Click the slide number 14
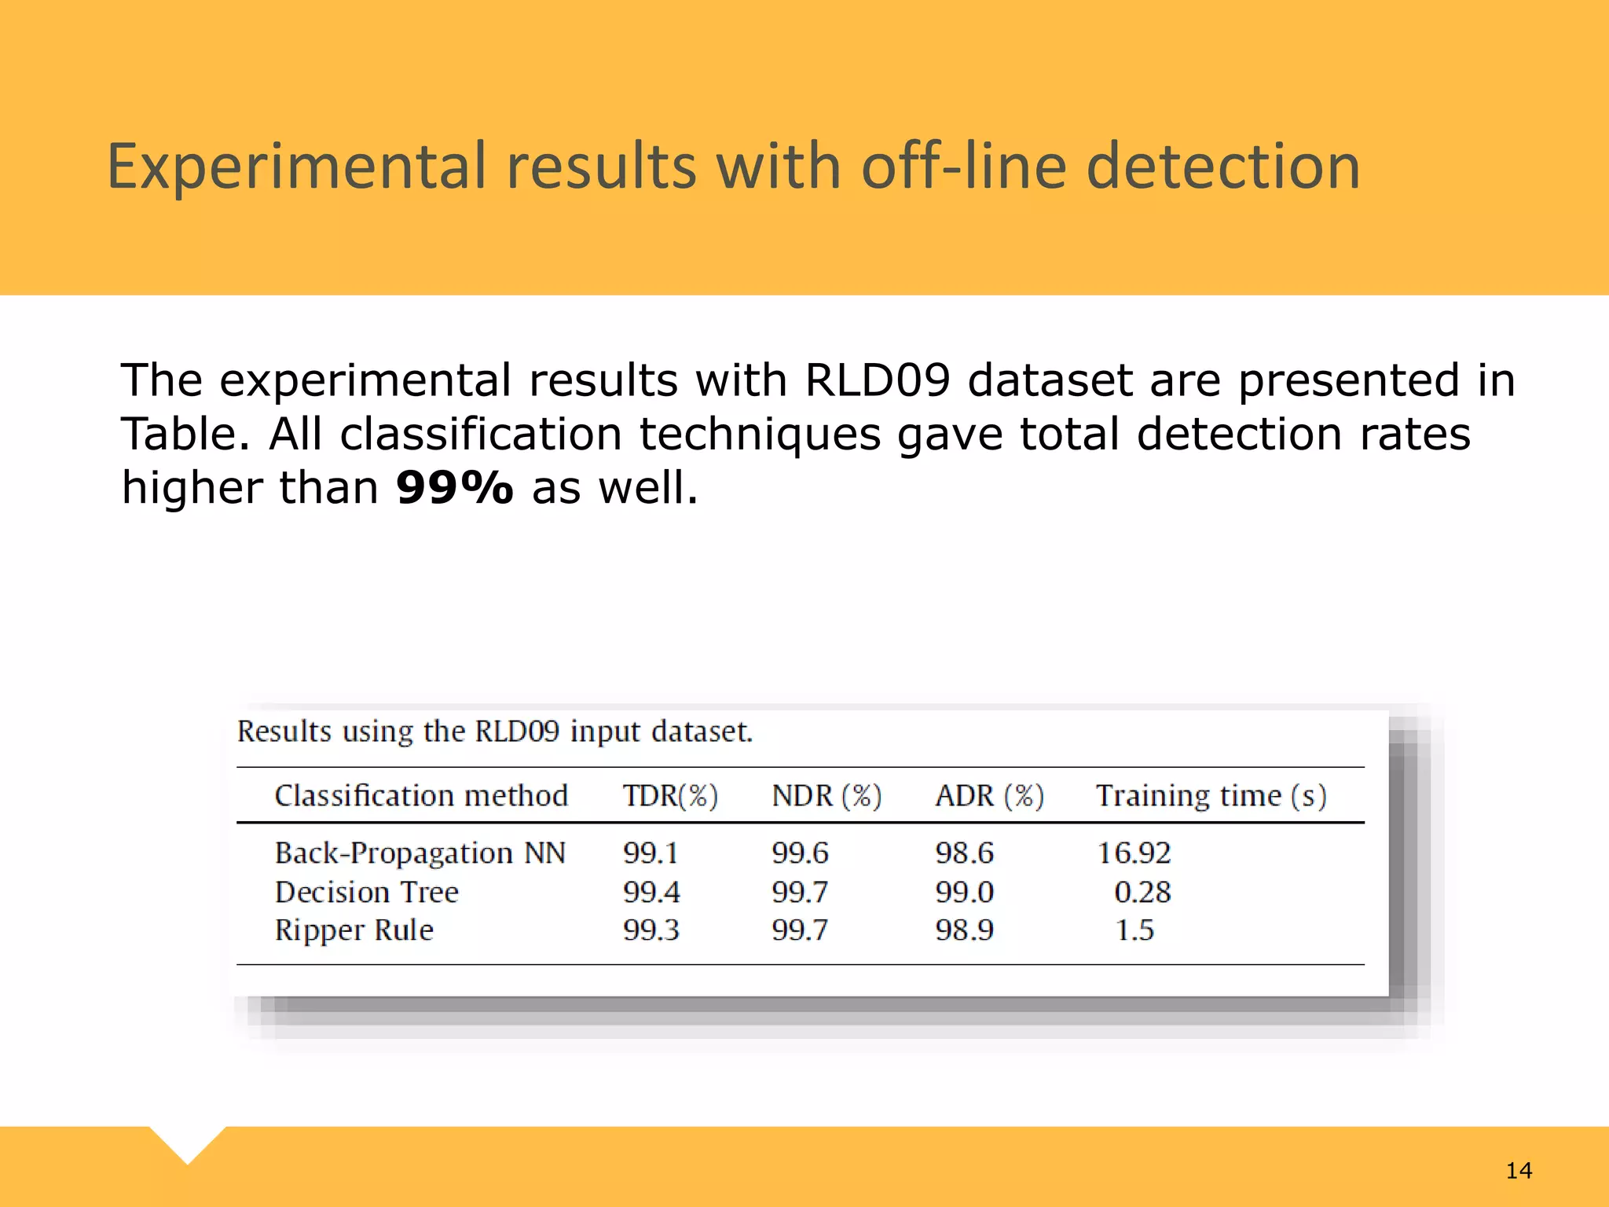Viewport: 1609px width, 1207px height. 1519,1171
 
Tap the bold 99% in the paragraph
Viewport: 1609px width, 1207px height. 454,488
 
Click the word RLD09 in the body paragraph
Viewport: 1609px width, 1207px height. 877,380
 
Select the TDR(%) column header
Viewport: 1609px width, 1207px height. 670,796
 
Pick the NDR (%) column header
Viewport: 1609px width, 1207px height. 826,796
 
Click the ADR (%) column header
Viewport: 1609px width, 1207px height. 989,796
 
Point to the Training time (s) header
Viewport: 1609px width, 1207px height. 1211,796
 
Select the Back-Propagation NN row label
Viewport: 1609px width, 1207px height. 420,853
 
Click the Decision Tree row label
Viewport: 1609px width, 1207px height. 366,892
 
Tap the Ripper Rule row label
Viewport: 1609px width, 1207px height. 354,930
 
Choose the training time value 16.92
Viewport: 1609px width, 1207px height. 1134,853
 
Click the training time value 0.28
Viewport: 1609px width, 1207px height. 1142,892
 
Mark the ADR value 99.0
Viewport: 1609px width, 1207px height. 964,892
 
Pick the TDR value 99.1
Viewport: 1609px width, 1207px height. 651,853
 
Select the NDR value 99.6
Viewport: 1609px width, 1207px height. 800,853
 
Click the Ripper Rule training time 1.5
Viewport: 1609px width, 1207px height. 1134,930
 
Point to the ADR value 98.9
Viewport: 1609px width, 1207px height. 964,930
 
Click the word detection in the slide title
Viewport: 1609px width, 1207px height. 1223,167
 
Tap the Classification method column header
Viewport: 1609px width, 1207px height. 421,796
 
